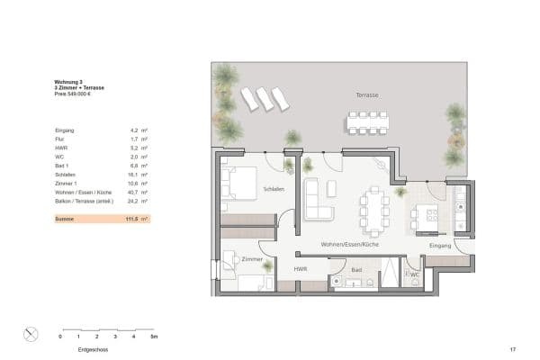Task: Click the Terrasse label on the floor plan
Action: (367, 94)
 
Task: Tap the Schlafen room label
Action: (274, 189)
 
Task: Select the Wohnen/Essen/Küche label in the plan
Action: (348, 245)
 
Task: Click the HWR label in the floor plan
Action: (301, 268)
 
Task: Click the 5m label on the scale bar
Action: (154, 336)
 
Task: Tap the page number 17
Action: (512, 348)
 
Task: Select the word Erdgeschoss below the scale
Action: (94, 348)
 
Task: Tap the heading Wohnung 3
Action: (67, 82)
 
